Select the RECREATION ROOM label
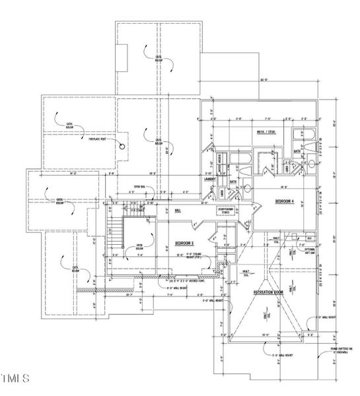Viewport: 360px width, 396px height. coord(268,290)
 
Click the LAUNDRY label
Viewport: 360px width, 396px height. coord(211,178)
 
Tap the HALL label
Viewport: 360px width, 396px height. coord(178,211)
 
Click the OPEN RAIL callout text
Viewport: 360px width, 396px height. coord(140,186)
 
